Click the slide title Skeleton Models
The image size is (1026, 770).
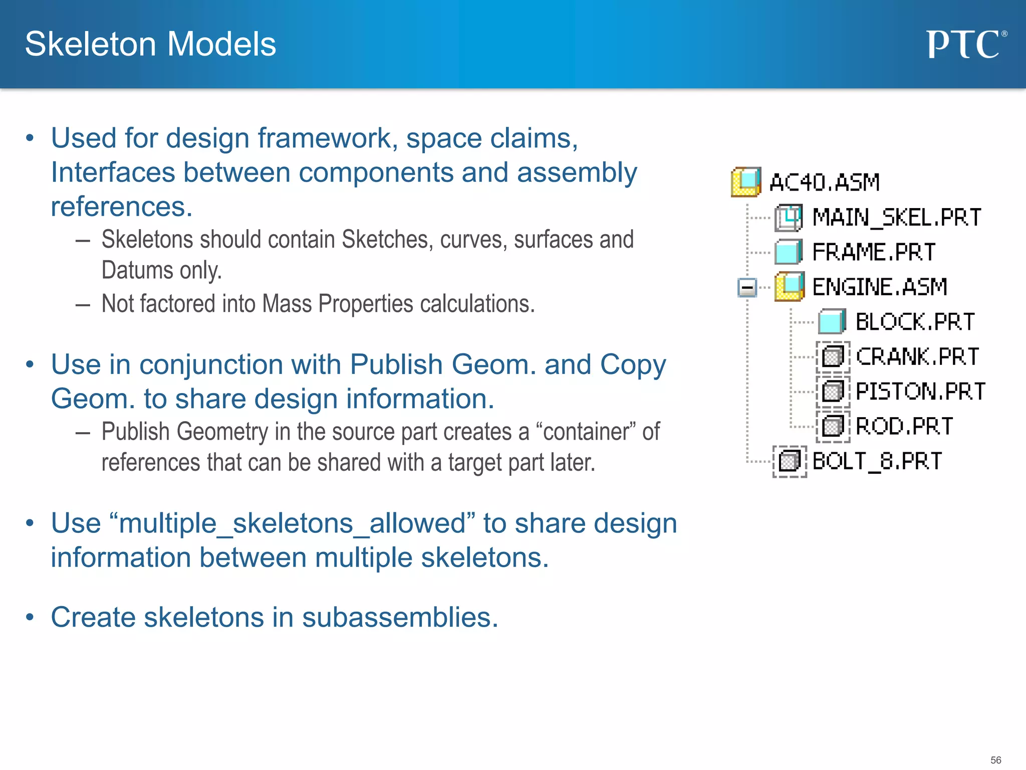click(150, 44)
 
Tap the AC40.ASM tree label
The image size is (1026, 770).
click(825, 182)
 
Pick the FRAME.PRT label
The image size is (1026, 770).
click(874, 252)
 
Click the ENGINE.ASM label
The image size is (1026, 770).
click(880, 287)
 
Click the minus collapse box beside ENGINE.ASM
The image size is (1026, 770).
click(747, 288)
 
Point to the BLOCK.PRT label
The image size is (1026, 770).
click(915, 322)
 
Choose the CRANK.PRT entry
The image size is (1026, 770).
click(917, 357)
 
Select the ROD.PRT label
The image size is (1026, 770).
click(904, 427)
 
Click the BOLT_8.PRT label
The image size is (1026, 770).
click(877, 461)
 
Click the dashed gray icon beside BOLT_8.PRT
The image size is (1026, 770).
click(790, 461)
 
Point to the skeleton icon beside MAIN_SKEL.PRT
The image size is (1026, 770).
click(789, 218)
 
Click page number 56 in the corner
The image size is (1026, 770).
click(995, 760)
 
